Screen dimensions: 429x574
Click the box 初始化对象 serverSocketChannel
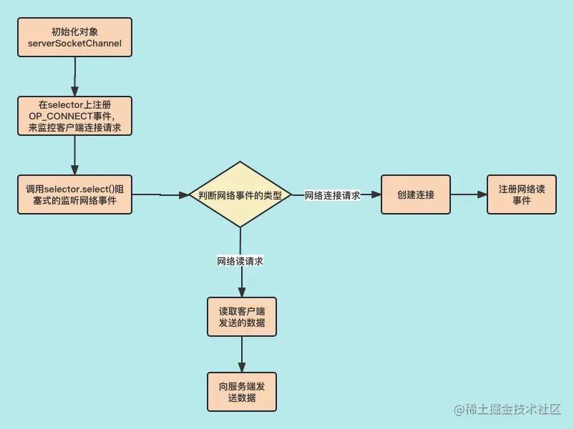(75, 37)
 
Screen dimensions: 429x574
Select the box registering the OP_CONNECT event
(75, 116)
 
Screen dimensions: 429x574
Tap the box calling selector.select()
(75, 194)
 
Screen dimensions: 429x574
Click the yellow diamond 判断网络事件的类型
(240, 194)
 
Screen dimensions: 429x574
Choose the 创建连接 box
(415, 194)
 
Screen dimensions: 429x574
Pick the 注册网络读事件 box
(521, 194)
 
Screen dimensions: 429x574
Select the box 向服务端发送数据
(242, 392)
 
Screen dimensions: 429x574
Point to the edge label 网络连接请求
(332, 195)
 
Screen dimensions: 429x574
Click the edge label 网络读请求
(240, 261)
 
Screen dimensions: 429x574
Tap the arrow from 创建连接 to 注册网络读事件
(468, 194)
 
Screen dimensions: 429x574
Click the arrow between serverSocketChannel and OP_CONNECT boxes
(75, 76)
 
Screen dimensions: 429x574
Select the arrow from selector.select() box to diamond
(160, 194)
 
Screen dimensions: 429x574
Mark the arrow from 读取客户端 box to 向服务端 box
(242, 355)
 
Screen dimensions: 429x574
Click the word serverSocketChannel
(75, 44)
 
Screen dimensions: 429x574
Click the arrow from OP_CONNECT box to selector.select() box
(75, 154)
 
